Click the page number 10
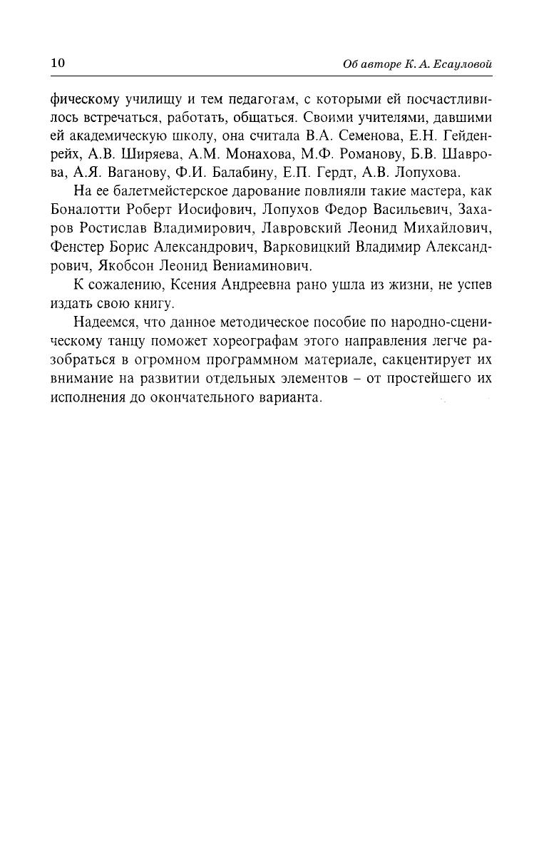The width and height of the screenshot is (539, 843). coord(57,63)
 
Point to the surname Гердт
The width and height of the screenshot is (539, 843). coord(336,173)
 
